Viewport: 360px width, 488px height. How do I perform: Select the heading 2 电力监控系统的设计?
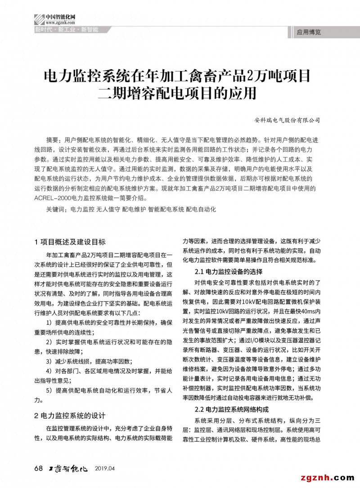tap(70, 415)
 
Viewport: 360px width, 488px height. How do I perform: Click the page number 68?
tap(38, 469)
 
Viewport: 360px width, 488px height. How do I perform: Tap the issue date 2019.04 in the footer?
tap(105, 469)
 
